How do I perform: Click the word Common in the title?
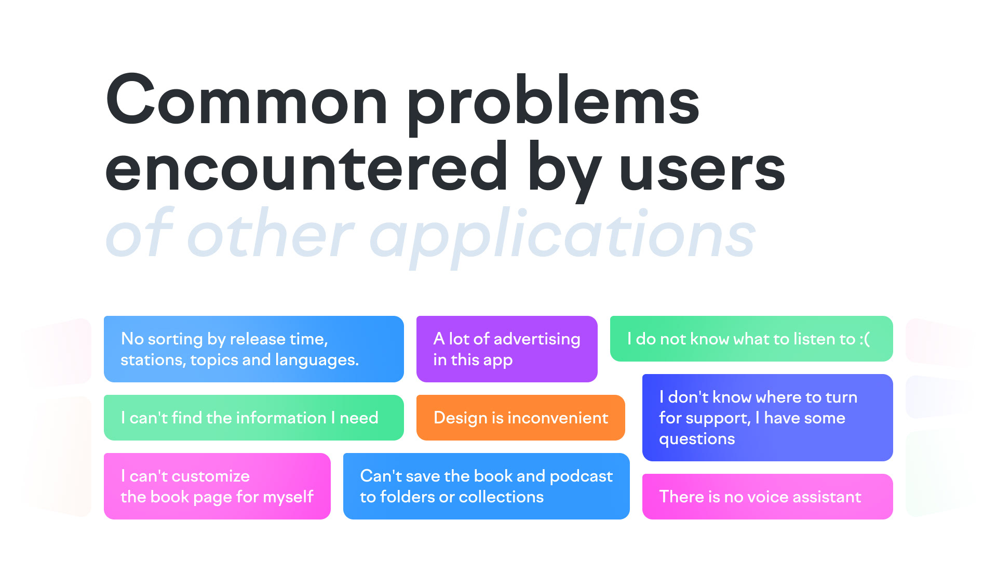pyautogui.click(x=247, y=100)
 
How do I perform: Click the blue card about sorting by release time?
pyautogui.click(x=254, y=349)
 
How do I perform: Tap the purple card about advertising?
pyautogui.click(x=507, y=349)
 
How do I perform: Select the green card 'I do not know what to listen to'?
pyautogui.click(x=751, y=339)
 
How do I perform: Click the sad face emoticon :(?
pyautogui.click(x=865, y=339)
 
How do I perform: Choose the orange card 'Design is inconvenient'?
pyautogui.click(x=521, y=418)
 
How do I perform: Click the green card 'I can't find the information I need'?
pyautogui.click(x=254, y=418)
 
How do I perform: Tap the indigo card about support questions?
pyautogui.click(x=767, y=418)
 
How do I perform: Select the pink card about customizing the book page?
pyautogui.click(x=217, y=486)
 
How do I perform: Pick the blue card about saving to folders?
pyautogui.click(x=487, y=486)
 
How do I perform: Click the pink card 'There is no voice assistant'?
pyautogui.click(x=767, y=497)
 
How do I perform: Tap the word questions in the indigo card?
pyautogui.click(x=697, y=439)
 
